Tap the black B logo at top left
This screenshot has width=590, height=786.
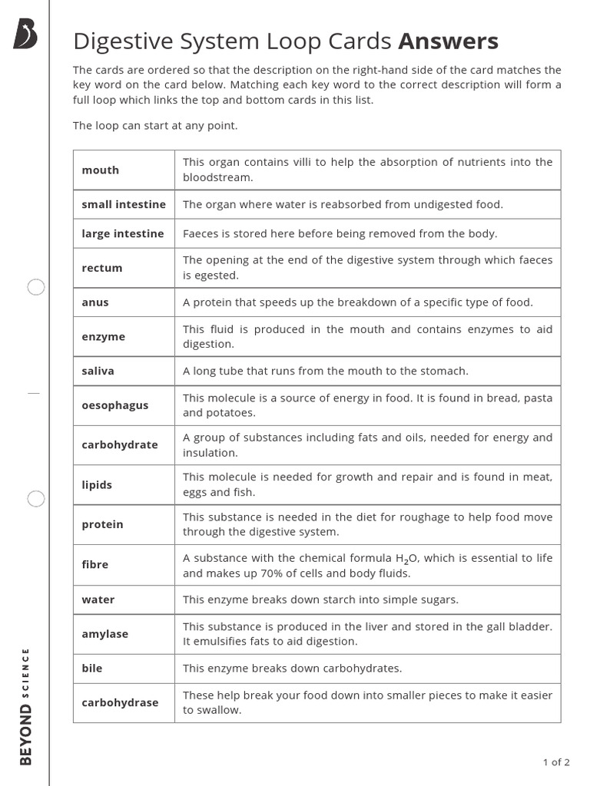pos(25,35)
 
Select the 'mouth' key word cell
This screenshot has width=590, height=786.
pos(101,170)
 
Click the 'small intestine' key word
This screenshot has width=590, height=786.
pos(124,204)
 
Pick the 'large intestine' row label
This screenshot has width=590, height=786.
pos(123,233)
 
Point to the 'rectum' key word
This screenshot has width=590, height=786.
pos(102,268)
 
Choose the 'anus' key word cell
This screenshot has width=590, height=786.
pos(95,302)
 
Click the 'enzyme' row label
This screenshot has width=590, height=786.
pos(104,337)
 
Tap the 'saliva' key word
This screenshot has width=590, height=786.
pos(98,371)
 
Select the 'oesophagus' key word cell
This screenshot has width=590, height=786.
pos(115,405)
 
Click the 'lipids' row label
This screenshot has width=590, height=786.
pos(97,485)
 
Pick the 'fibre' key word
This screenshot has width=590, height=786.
pos(95,565)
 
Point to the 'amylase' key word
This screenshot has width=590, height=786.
pos(105,634)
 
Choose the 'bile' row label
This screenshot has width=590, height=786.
pos(92,669)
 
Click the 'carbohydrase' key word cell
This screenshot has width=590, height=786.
pos(120,702)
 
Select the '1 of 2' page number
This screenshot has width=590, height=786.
pos(556,762)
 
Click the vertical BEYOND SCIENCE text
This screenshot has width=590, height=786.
pos(26,707)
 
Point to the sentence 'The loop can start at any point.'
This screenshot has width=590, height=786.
pos(155,126)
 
